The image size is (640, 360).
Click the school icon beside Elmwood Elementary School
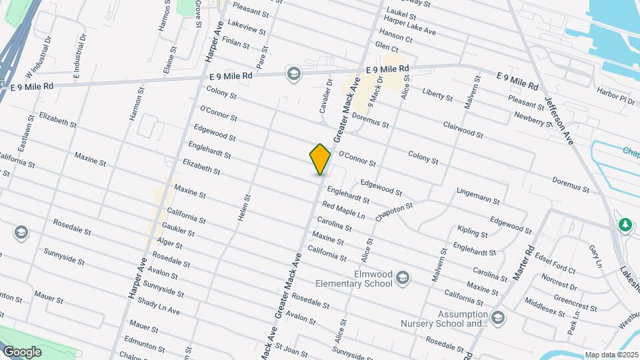402,277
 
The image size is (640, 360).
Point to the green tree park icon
625,225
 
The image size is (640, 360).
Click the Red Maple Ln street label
343,211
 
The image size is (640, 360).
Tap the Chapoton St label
395,211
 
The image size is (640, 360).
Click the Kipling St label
473,232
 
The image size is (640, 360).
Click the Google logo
22,351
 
